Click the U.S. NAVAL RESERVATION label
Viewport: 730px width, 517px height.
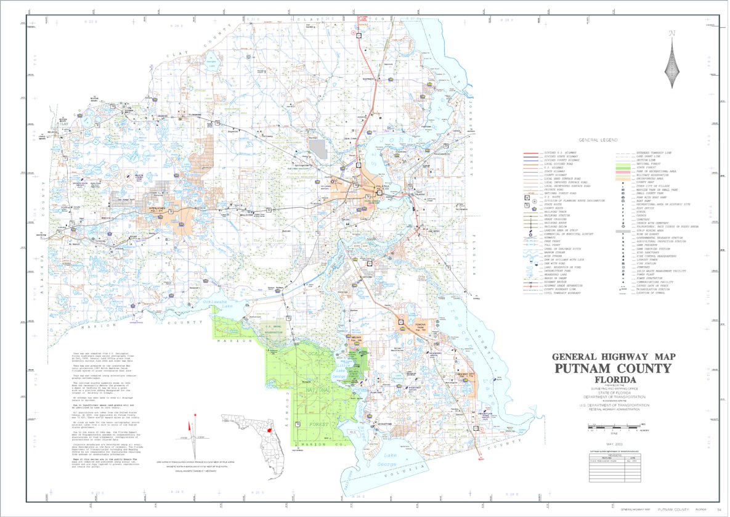pyautogui.click(x=272, y=329)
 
